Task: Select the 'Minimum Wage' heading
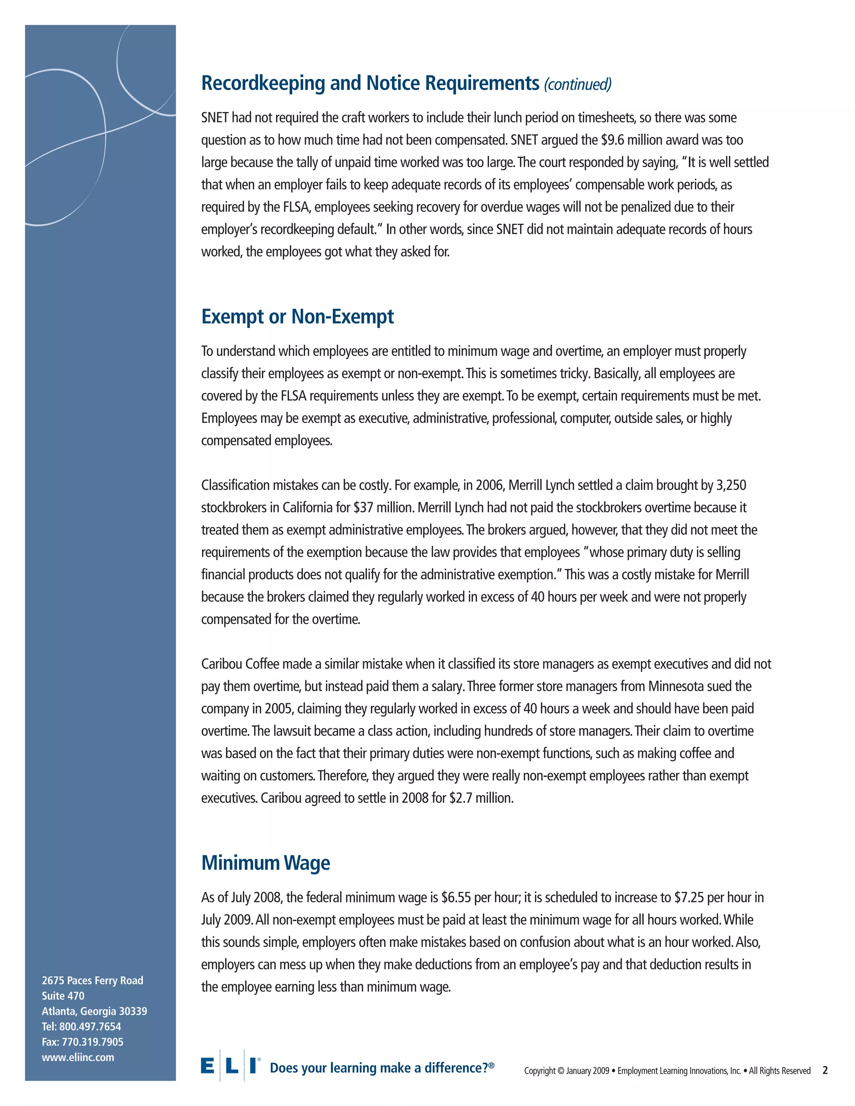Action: (x=266, y=862)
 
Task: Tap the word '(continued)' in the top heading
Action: (x=577, y=84)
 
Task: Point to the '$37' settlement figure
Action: (x=363, y=508)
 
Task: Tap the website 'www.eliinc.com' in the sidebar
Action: (x=78, y=1058)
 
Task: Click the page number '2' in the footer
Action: (x=825, y=1070)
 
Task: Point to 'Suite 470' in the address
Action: (x=63, y=995)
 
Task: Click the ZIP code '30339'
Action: (x=133, y=1011)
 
